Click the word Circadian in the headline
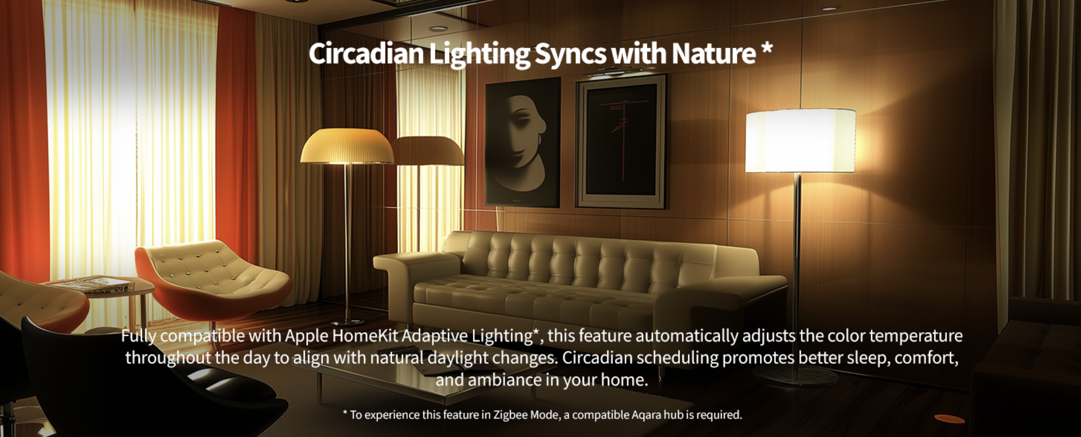coord(366,54)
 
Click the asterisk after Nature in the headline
coord(767,49)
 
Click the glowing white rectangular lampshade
coord(800,141)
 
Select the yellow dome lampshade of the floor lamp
coord(347,146)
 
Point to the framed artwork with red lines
coord(621,142)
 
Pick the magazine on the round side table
coord(92,284)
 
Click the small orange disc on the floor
coord(949,419)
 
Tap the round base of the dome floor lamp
coord(347,322)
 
